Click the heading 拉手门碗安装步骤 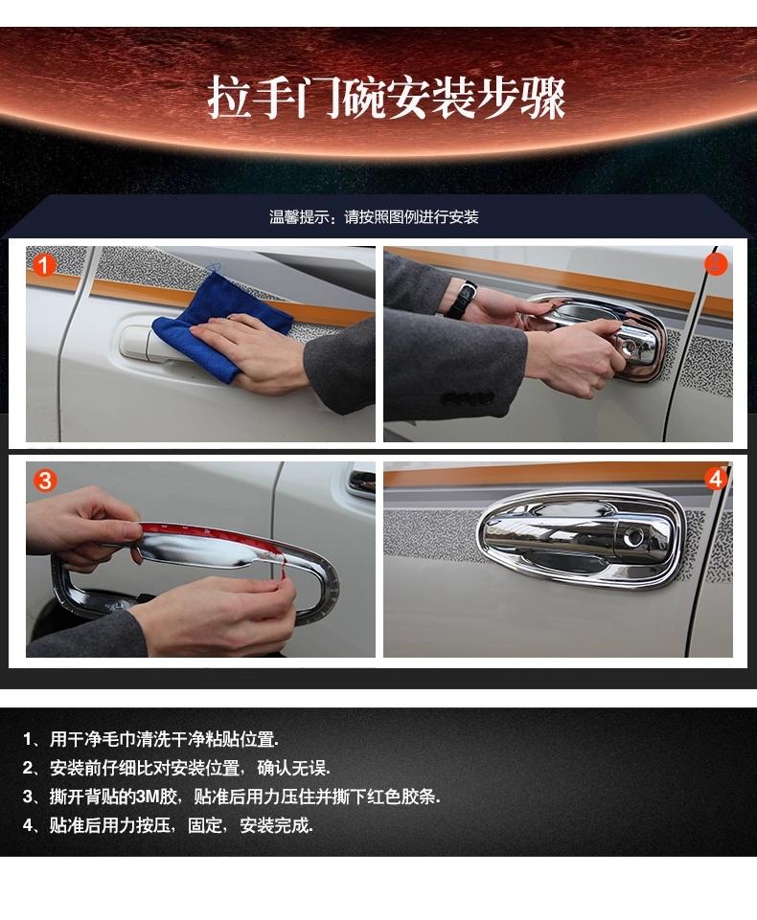click(x=386, y=97)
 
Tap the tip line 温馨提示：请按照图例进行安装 click(x=374, y=217)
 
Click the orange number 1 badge click(x=43, y=265)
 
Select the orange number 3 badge click(x=45, y=481)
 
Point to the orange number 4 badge click(x=716, y=480)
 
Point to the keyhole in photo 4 click(x=633, y=537)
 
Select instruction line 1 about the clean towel click(x=150, y=739)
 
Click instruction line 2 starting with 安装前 click(x=176, y=768)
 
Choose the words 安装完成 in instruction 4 click(x=275, y=825)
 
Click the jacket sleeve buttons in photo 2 click(x=468, y=398)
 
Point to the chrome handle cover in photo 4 click(x=574, y=539)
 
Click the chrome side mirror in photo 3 click(x=360, y=482)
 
